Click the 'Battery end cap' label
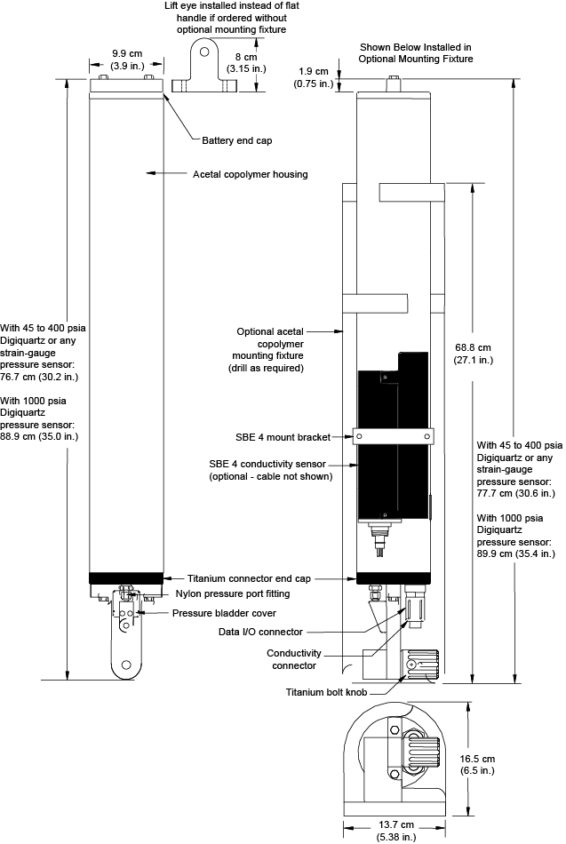tap(237, 140)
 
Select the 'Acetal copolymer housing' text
tap(251, 174)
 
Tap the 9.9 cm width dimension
tap(127, 60)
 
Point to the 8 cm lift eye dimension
tap(246, 62)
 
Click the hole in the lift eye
tap(204, 52)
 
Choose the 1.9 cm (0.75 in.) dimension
tap(314, 77)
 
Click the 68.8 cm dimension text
tap(473, 354)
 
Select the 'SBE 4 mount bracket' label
tap(283, 437)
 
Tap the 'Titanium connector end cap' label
tap(249, 578)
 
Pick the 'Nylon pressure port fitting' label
tap(233, 593)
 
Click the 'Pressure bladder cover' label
tap(224, 613)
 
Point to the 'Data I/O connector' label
tap(260, 632)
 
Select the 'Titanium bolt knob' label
tap(326, 692)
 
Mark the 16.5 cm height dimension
tap(477, 764)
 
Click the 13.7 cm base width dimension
tap(396, 831)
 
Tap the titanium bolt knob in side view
tap(422, 665)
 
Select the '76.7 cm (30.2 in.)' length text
tap(39, 377)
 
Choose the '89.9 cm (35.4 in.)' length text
tap(516, 553)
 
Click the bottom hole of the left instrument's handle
tap(127, 665)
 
